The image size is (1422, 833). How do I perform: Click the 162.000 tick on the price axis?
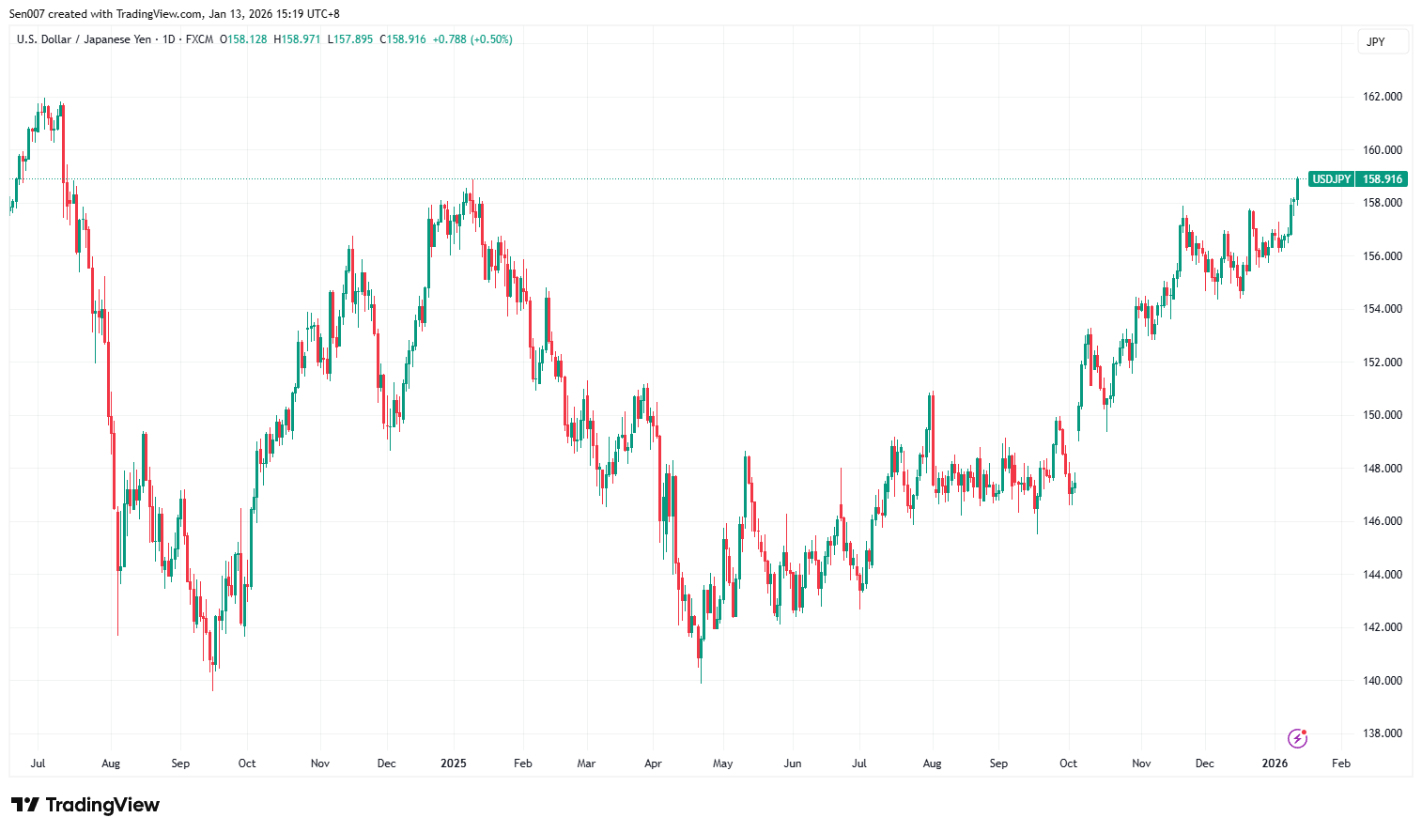tap(1382, 97)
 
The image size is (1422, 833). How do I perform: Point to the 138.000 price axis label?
tap(1382, 733)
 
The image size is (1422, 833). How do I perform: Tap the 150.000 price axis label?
tap(1382, 415)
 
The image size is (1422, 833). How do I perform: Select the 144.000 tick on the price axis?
tap(1382, 575)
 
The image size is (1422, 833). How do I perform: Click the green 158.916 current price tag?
tap(1383, 179)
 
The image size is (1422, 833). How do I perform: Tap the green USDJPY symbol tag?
tap(1331, 179)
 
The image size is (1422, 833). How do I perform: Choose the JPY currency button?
tap(1376, 42)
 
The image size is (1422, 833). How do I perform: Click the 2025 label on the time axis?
tap(454, 764)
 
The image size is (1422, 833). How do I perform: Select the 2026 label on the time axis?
tap(1275, 764)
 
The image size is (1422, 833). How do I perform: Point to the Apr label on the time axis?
tap(653, 764)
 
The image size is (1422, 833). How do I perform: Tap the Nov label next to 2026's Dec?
tap(1141, 764)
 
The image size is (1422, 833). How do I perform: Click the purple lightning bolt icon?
tap(1297, 738)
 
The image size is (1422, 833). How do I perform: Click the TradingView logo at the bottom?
tap(85, 805)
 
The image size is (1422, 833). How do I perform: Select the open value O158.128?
tap(243, 39)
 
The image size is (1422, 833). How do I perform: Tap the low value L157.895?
tap(350, 39)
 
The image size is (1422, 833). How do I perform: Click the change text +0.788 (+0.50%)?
tap(472, 39)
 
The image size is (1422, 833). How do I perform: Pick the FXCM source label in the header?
tap(199, 39)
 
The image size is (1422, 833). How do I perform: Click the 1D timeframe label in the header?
tap(169, 39)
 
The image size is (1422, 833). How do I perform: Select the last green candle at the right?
tap(1297, 188)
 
